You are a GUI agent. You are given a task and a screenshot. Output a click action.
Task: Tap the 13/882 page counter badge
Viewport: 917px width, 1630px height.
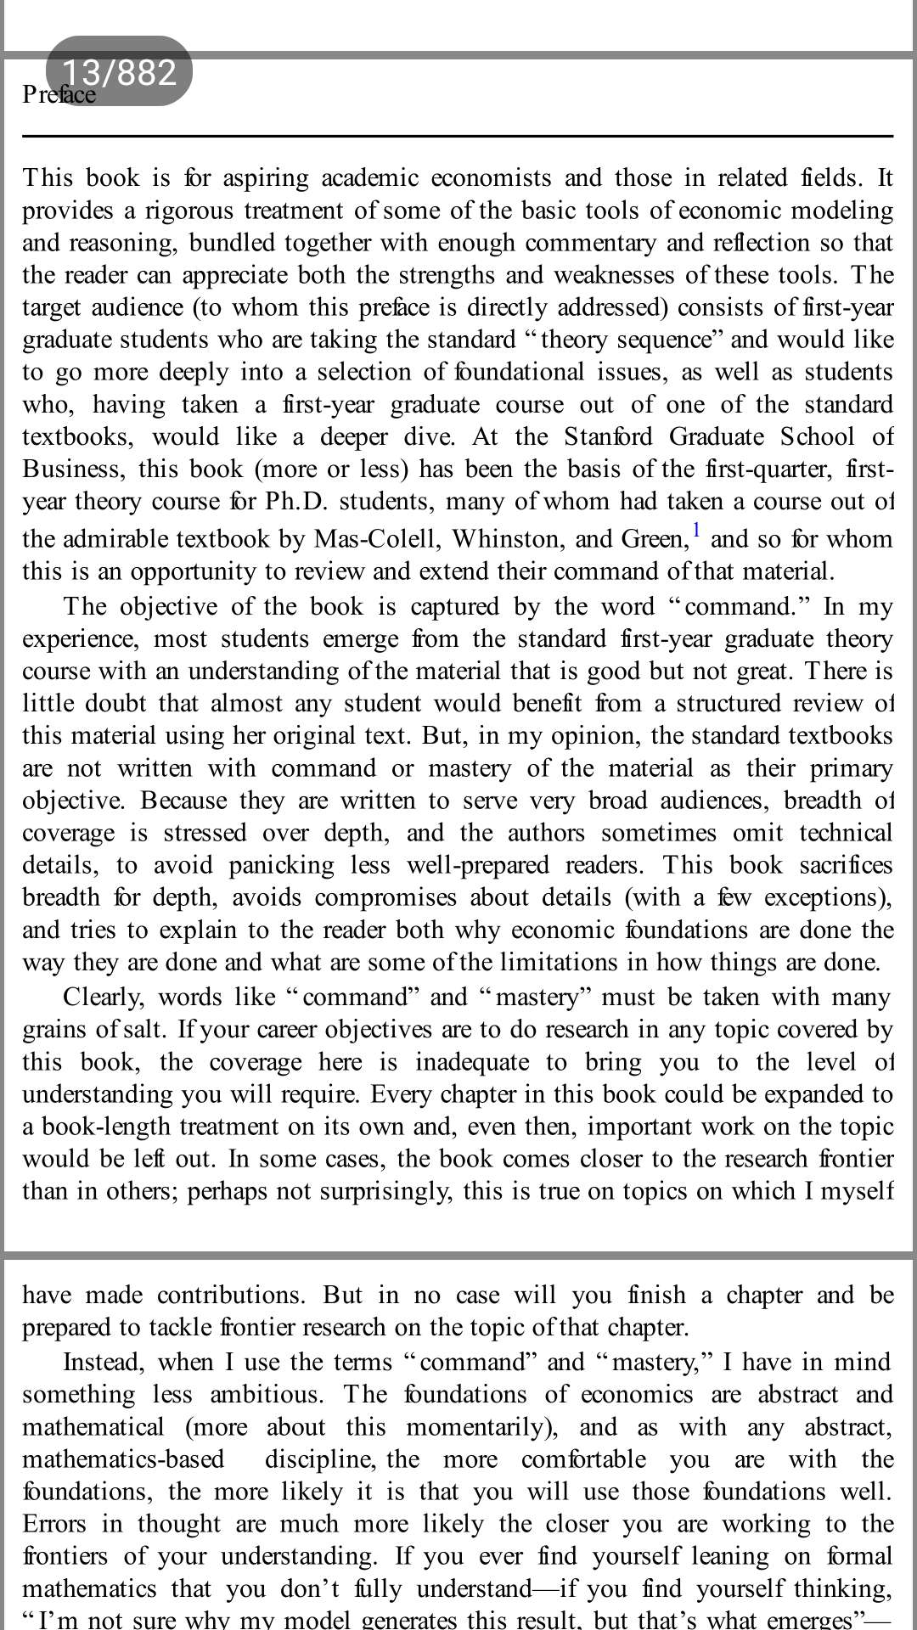coord(119,71)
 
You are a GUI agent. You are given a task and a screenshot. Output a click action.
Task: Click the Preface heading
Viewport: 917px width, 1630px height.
coord(59,94)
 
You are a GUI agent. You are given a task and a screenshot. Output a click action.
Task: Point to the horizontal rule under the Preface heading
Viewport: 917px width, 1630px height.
coord(458,136)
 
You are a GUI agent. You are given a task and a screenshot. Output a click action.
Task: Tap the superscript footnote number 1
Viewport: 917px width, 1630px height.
coord(696,531)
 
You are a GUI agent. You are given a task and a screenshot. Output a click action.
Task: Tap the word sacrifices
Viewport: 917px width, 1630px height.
coord(846,865)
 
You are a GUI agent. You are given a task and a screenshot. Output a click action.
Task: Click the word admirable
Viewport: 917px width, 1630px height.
coord(116,539)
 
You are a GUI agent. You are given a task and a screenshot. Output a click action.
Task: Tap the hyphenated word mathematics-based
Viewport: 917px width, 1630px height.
coord(123,1459)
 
